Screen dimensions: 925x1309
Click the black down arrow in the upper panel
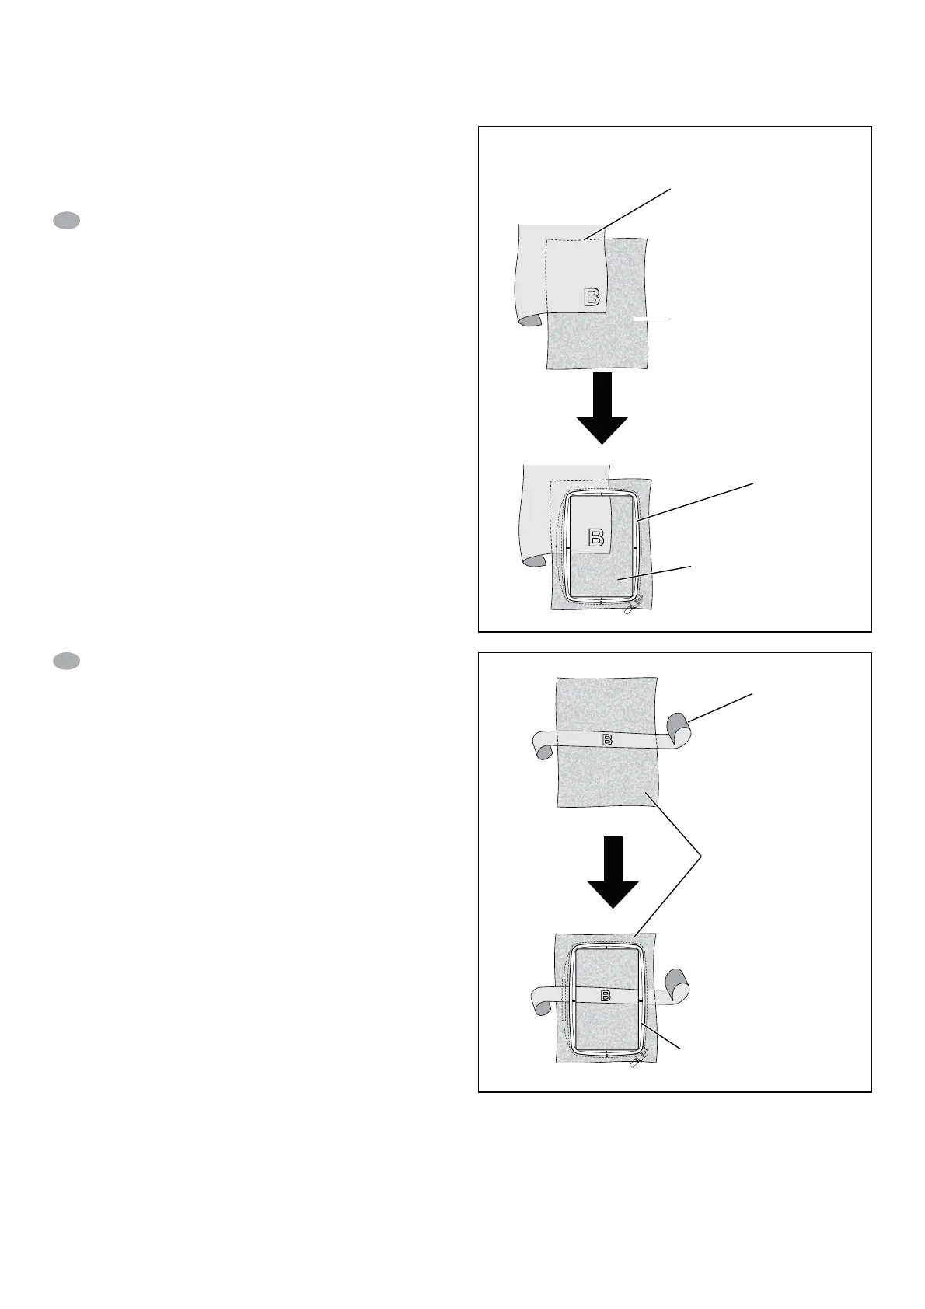602,409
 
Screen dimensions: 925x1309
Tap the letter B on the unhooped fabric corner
592,297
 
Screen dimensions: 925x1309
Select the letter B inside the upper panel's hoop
595,538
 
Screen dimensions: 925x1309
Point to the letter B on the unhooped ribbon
608,739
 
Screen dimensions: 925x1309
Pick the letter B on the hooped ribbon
606,997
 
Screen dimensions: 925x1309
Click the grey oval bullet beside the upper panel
66,222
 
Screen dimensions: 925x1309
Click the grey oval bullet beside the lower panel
66,661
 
